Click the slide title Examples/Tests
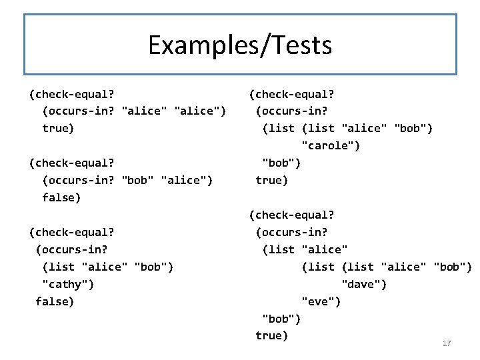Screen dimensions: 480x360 [240, 45]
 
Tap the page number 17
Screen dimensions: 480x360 [447, 343]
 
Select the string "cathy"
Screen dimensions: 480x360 [68, 285]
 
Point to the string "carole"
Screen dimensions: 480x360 [331, 146]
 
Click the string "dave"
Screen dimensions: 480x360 [363, 285]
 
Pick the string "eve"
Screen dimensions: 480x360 [321, 302]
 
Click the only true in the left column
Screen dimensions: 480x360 [58, 128]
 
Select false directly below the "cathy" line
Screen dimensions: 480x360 [55, 302]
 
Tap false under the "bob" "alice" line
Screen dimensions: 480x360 [61, 198]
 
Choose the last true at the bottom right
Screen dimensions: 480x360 [271, 336]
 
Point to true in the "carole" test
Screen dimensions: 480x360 [271, 181]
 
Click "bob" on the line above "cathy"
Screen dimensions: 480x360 [153, 267]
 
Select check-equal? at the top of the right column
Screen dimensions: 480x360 [291, 94]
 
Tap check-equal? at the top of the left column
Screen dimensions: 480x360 [71, 94]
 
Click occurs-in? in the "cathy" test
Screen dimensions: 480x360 [71, 250]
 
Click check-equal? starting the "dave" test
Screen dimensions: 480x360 [291, 215]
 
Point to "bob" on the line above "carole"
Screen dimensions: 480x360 [413, 129]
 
